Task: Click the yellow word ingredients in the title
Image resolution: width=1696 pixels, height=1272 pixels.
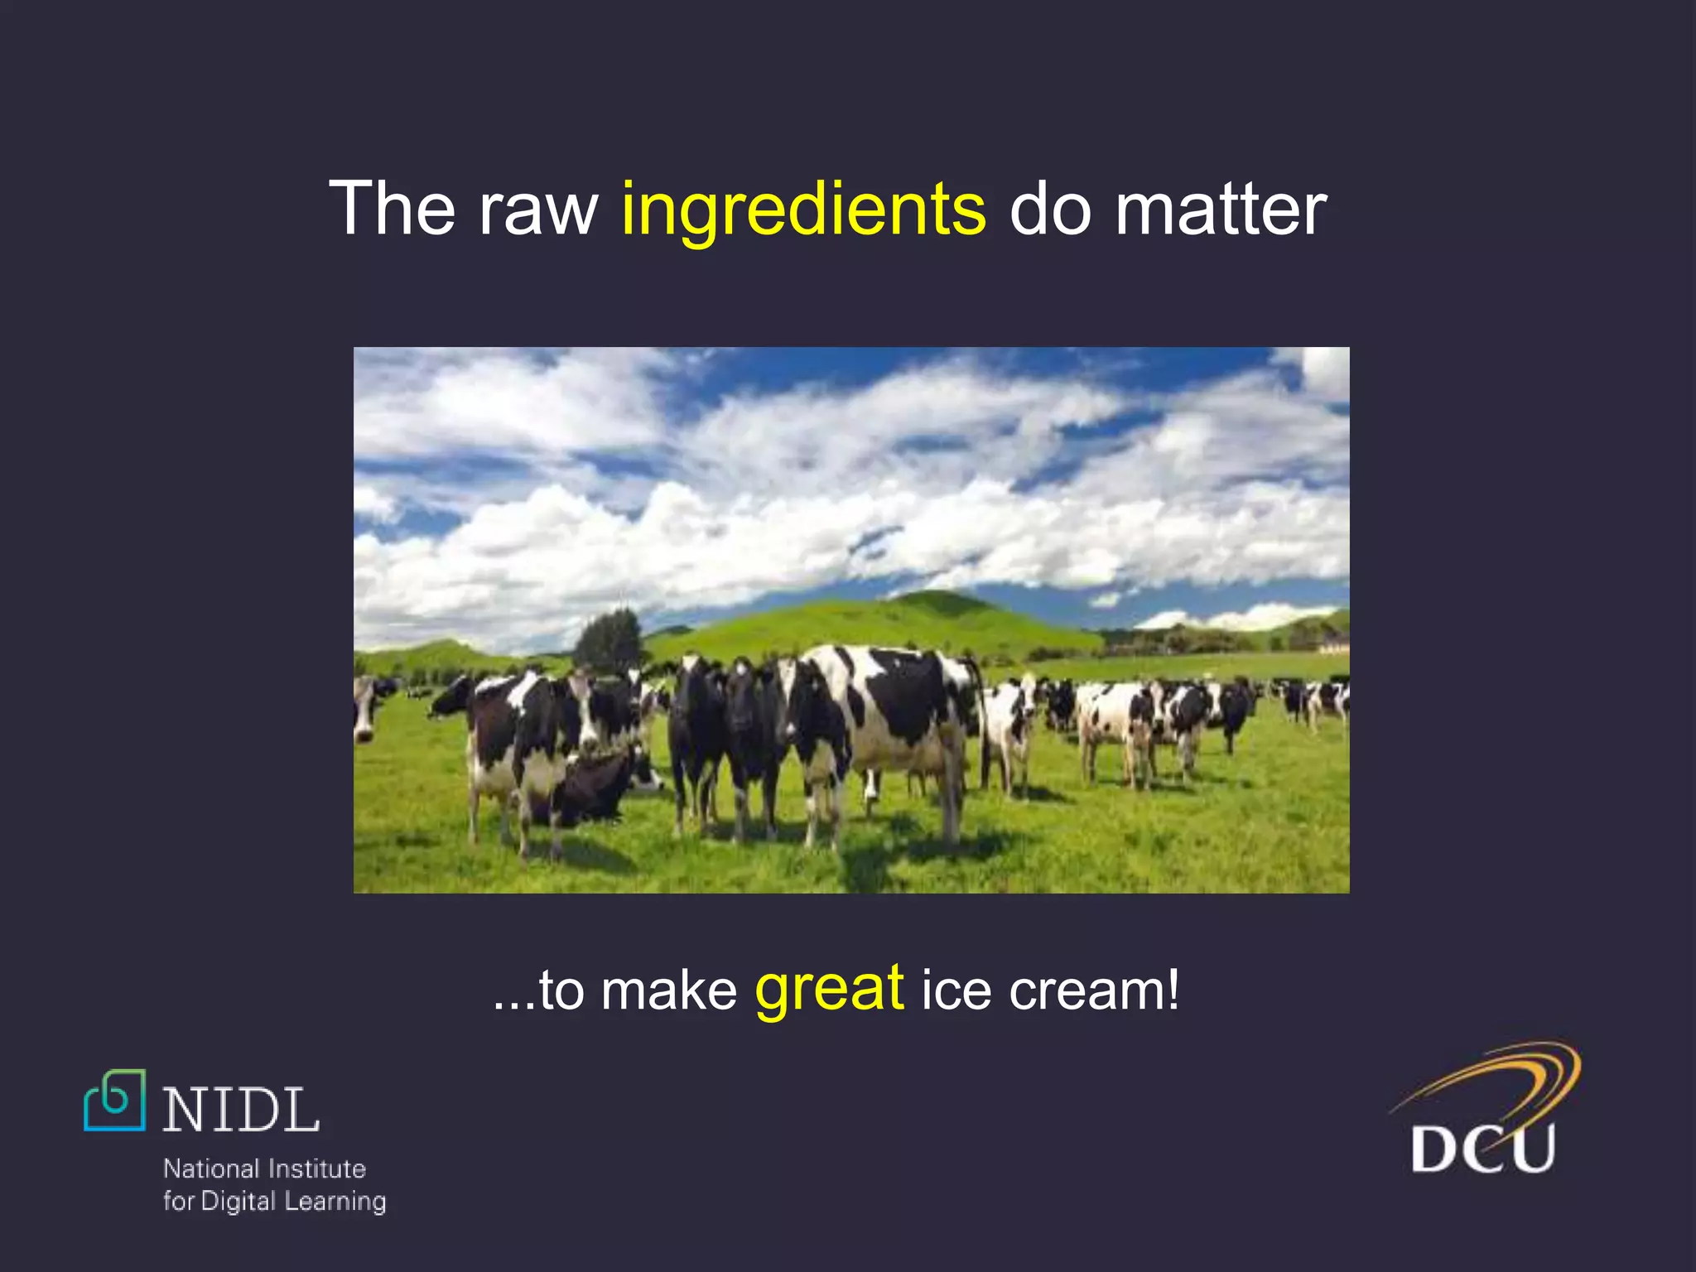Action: tap(803, 210)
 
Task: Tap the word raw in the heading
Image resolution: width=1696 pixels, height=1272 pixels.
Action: tap(537, 210)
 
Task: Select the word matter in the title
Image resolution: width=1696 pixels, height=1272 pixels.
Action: tap(1221, 210)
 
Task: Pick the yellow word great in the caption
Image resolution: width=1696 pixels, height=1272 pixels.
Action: tap(829, 990)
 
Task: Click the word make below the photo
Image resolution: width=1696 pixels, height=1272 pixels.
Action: tap(669, 990)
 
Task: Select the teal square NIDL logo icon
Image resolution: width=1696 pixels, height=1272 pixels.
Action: tap(115, 1101)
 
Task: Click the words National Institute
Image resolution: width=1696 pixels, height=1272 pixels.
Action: tap(264, 1168)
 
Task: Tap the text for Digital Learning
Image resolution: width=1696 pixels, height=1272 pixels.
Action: tap(274, 1201)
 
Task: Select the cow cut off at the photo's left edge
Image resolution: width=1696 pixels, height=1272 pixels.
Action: tap(364, 708)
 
